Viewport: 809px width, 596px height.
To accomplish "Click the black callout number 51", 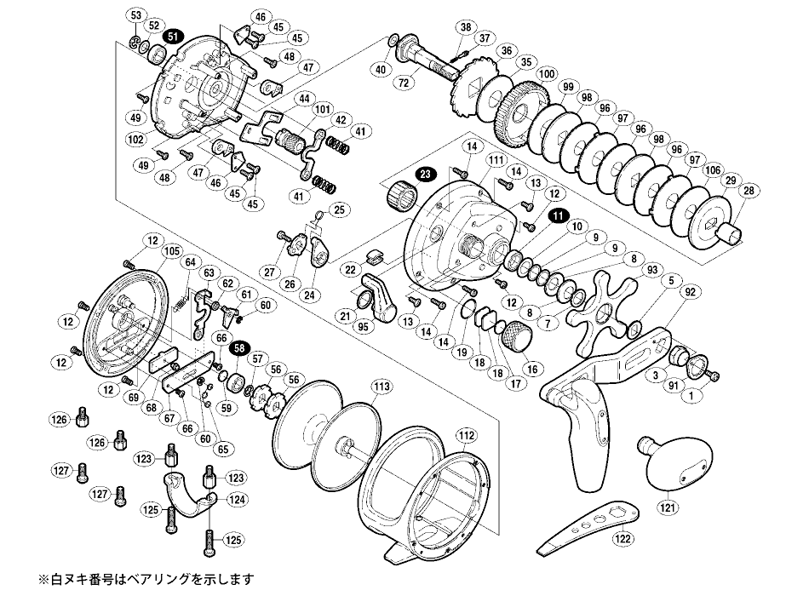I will [x=173, y=37].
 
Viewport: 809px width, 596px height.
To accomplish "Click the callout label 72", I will [x=404, y=82].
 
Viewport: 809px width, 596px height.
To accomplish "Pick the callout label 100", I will [x=546, y=74].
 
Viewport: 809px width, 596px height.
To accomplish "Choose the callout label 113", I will [x=382, y=386].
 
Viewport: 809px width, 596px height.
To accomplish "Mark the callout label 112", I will [x=465, y=433].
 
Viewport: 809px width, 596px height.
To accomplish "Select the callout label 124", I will [x=236, y=498].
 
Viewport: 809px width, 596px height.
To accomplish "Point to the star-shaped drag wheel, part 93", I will [x=606, y=311].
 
